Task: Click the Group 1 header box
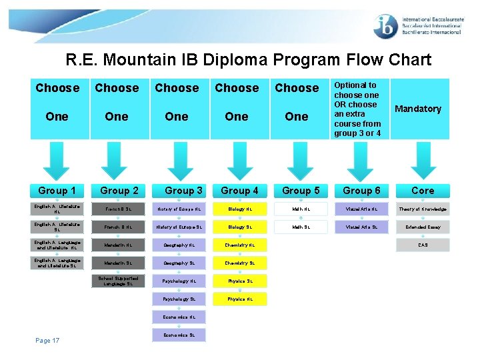point(57,191)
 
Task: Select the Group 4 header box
point(239,191)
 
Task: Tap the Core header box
point(423,191)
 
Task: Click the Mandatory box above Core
point(418,109)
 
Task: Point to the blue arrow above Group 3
point(177,161)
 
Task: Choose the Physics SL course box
point(240,281)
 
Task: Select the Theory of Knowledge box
point(423,209)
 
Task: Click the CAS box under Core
point(423,245)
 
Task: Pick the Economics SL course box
point(179,335)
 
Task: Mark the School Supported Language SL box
point(118,281)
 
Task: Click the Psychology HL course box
point(179,281)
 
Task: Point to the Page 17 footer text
point(47,341)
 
